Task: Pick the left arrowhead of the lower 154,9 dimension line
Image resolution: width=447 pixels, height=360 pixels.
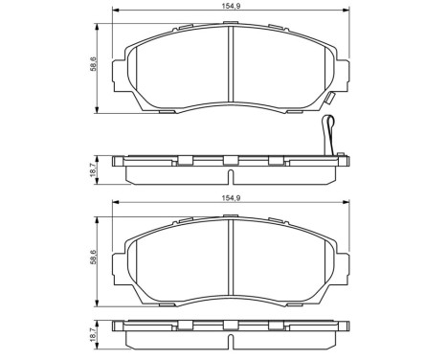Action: pyautogui.click(x=117, y=207)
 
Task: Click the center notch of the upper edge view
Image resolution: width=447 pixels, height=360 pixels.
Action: pyautogui.click(x=230, y=160)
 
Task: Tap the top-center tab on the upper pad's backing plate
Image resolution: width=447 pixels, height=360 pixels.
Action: pyautogui.click(x=230, y=24)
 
